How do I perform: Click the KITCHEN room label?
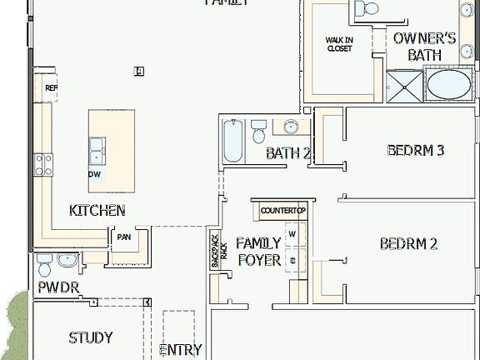click(x=97, y=211)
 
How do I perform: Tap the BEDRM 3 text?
click(x=416, y=151)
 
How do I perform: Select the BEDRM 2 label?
click(x=408, y=244)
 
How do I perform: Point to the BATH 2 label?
click(x=288, y=153)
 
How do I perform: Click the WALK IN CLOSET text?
click(x=338, y=44)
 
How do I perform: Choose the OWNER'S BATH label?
click(x=424, y=47)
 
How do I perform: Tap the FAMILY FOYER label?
click(x=259, y=251)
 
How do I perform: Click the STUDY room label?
click(x=91, y=337)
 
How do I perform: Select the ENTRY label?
click(x=180, y=350)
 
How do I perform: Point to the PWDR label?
click(x=57, y=287)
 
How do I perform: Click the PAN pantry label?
click(x=124, y=237)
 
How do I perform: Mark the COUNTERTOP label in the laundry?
click(x=283, y=211)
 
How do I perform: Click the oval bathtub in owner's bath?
click(x=448, y=86)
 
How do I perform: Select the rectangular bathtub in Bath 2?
click(x=232, y=142)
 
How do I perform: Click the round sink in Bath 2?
click(x=291, y=127)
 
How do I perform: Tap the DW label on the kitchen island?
click(x=95, y=174)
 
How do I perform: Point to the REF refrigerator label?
click(x=51, y=87)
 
